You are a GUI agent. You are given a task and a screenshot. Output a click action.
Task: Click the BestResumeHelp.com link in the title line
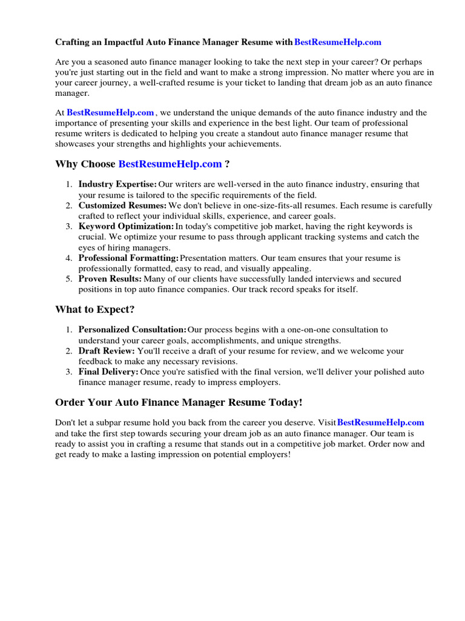pyautogui.click(x=338, y=42)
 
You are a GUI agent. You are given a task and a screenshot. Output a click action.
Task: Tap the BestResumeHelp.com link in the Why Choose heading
pyautogui.click(x=170, y=164)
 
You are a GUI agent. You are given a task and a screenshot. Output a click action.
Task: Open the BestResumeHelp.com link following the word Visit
pyautogui.click(x=380, y=423)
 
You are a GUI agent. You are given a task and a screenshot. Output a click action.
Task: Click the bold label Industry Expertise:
pyautogui.click(x=117, y=184)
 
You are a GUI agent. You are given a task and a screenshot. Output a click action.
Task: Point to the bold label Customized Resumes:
pyautogui.click(x=122, y=206)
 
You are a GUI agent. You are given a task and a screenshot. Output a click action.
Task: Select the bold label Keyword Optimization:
pyautogui.click(x=126, y=226)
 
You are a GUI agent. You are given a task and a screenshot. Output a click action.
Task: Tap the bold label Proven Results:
pyautogui.click(x=110, y=279)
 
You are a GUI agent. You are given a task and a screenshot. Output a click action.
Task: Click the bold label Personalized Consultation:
pyautogui.click(x=133, y=330)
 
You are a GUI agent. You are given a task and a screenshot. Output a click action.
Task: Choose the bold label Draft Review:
pyautogui.click(x=107, y=351)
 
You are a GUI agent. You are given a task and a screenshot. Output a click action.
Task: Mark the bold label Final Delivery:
pyautogui.click(x=108, y=372)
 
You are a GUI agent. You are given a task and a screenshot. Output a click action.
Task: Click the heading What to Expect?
pyautogui.click(x=95, y=310)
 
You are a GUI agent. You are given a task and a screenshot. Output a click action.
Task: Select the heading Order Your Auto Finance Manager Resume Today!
pyautogui.click(x=179, y=403)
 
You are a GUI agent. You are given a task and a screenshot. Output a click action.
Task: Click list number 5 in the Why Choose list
pyautogui.click(x=69, y=279)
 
